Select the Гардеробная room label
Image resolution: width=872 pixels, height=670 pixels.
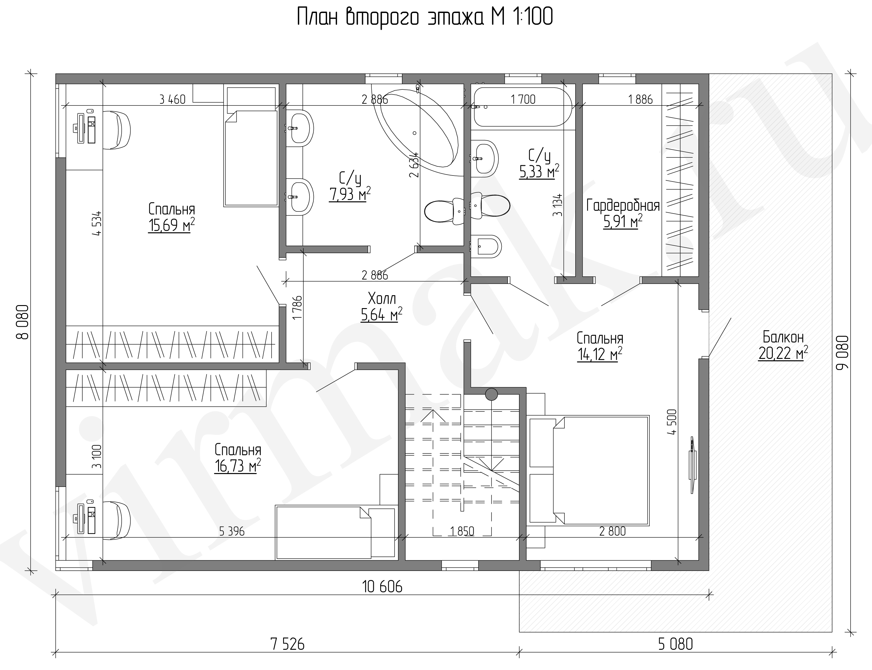pos(622,206)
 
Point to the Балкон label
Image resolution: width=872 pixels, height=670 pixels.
pos(783,337)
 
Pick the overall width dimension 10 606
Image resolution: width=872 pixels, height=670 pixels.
pos(382,587)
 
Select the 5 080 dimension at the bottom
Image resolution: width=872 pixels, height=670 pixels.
pos(676,644)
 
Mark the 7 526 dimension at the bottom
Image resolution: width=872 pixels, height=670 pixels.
pos(287,644)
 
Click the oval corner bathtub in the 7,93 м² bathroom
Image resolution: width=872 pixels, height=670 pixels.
pos(415,127)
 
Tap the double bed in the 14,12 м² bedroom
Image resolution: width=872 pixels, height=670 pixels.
pos(589,470)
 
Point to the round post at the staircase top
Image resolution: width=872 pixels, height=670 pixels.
pos(491,395)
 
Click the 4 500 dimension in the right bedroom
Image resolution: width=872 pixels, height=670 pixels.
pos(672,422)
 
